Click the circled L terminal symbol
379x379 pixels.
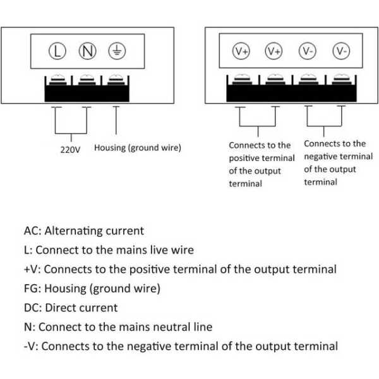[57, 51]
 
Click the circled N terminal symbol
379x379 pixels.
[87, 51]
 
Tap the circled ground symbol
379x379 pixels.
[115, 51]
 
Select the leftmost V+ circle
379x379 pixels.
[241, 51]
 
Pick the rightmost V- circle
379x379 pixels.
[341, 51]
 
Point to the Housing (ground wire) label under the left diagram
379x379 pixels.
[138, 148]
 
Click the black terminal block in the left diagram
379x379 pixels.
[87, 92]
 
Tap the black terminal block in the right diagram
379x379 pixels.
[291, 92]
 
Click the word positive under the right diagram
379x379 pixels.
[244, 158]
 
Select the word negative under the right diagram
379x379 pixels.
[322, 157]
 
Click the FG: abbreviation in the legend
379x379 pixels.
[32, 289]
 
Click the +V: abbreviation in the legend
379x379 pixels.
[33, 269]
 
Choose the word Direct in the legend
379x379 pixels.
[63, 308]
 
